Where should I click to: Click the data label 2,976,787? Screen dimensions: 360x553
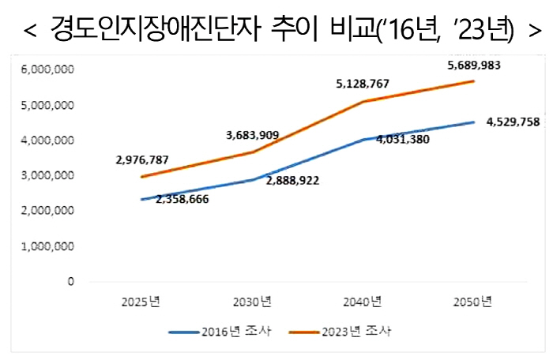pos(141,159)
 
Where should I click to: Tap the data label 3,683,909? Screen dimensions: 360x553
pos(253,135)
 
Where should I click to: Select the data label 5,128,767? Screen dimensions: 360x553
pos(363,84)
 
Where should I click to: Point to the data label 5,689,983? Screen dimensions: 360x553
pos(474,66)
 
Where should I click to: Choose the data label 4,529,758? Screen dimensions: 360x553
pos(513,122)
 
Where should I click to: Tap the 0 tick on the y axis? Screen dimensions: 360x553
pos(70,281)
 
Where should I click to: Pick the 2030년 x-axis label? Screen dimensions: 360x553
pos(252,302)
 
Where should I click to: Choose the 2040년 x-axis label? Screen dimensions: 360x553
pos(363,302)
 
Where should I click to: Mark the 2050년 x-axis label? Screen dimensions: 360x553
pos(474,302)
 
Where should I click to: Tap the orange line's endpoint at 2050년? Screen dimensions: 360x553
pos(474,81)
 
